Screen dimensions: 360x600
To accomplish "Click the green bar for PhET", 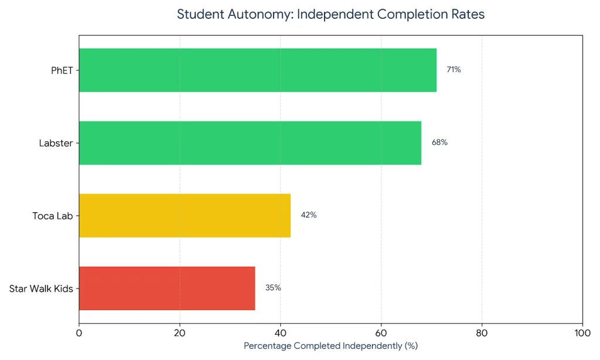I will tap(257, 70).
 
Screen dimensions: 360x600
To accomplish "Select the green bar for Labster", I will tap(250, 143).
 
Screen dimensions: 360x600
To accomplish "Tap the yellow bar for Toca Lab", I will tap(185, 216).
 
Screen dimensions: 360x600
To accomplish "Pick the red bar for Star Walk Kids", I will tap(166, 288).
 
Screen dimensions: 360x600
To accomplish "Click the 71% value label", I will tap(454, 70).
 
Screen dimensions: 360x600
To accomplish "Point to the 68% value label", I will tap(439, 142).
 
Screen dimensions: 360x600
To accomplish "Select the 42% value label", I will tap(309, 215).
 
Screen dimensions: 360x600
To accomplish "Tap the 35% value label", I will tap(273, 288).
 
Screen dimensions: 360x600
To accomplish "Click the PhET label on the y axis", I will tap(62, 70).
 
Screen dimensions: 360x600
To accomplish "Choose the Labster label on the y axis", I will tap(56, 143).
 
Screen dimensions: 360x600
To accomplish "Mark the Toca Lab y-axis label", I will tap(52, 216).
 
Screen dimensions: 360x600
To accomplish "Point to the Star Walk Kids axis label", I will tap(41, 288).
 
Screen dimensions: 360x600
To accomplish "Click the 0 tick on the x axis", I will tap(79, 333).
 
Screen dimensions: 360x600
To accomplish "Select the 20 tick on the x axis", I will tap(180, 333).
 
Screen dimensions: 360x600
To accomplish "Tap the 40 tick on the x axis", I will tap(281, 333).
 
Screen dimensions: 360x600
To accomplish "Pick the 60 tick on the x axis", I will tap(381, 333).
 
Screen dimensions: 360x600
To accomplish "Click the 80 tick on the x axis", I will tap(482, 333).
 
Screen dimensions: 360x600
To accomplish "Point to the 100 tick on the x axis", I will tap(582, 333).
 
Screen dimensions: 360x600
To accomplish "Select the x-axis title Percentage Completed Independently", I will tap(330, 346).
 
